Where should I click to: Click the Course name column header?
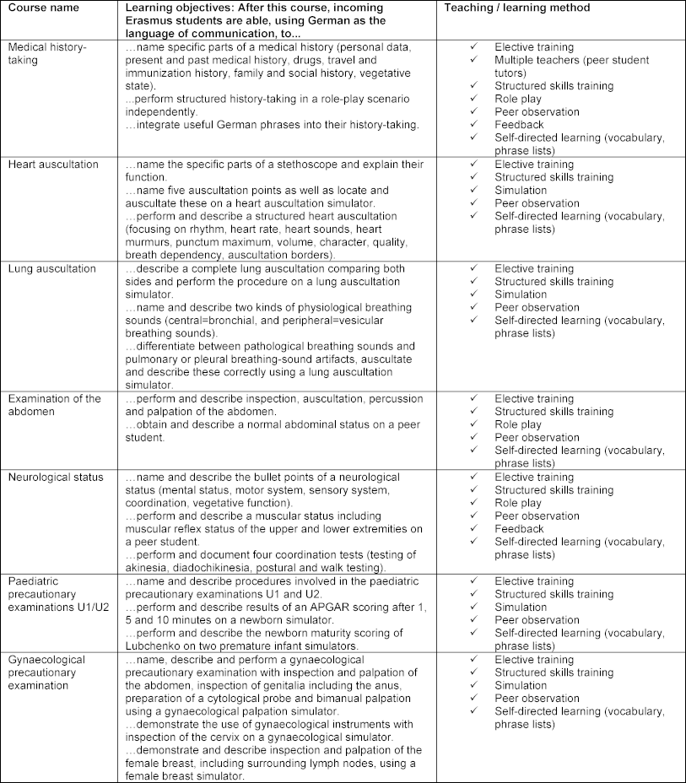click(43, 8)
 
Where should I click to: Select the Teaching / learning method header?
click(521, 8)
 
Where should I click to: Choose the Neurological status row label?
click(56, 478)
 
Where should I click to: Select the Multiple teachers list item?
click(571, 60)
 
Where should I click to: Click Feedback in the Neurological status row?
click(519, 529)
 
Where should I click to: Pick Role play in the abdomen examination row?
click(518, 424)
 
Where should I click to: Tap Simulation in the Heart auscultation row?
click(521, 190)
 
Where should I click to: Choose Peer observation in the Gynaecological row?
click(537, 699)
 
